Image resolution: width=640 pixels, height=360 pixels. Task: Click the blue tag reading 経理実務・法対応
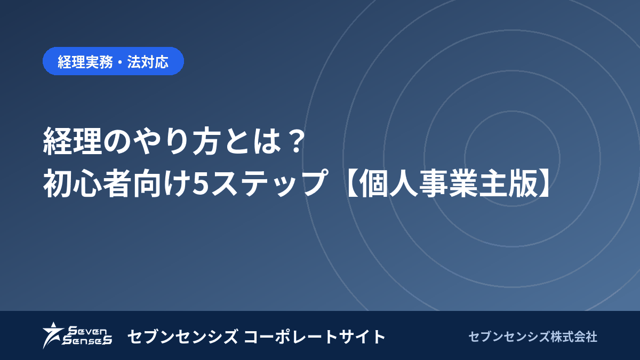(113, 61)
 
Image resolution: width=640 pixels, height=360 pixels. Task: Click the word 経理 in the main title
(73, 141)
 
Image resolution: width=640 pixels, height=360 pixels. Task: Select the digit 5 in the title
(199, 182)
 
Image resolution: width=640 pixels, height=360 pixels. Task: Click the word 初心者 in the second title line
(87, 183)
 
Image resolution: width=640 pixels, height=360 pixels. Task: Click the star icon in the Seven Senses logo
(52, 335)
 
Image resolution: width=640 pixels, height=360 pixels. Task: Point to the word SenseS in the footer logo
(87, 340)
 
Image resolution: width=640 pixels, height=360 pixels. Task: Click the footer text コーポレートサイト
(314, 337)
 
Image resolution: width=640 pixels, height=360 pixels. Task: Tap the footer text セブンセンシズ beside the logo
(182, 337)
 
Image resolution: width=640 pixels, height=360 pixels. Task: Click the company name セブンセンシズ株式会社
(533, 337)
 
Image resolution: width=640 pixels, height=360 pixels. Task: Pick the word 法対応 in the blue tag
(148, 62)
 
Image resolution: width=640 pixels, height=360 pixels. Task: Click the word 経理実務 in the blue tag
(85, 62)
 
